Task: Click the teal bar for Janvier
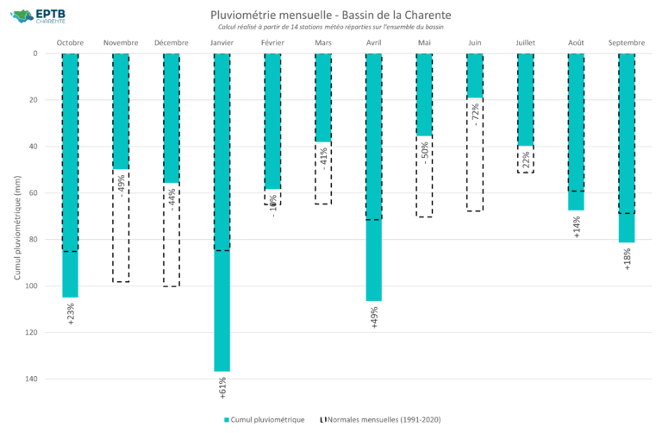tap(222, 212)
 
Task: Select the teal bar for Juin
tap(474, 76)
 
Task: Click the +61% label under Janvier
tap(222, 389)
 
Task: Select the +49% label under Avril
tap(374, 318)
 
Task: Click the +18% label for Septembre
tap(627, 259)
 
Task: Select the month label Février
tap(272, 42)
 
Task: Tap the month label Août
tap(576, 42)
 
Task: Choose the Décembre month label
tap(172, 42)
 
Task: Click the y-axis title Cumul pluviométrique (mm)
tap(17, 216)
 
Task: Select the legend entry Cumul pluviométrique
tap(264, 419)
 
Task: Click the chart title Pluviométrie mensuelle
tap(330, 16)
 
